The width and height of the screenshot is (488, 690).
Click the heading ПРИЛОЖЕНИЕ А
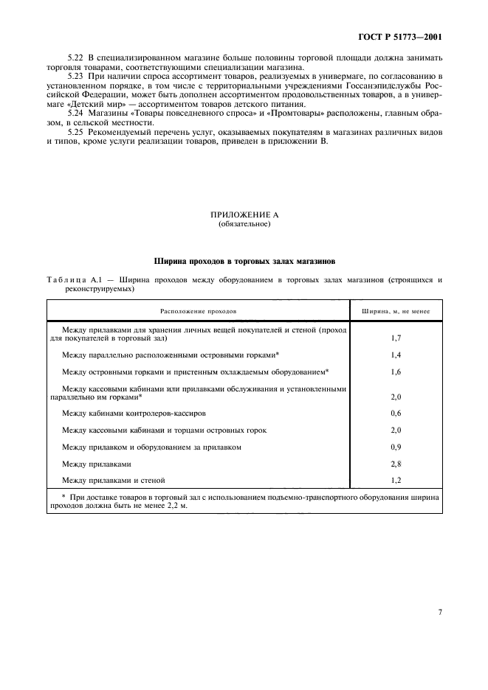pos(244,215)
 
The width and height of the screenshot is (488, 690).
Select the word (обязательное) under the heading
pos(244,224)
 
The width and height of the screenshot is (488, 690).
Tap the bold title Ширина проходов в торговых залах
pos(244,261)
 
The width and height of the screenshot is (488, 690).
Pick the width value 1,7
pos(396,339)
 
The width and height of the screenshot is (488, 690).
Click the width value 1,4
pos(396,355)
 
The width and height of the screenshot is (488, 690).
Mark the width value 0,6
pos(396,413)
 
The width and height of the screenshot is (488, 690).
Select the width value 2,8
pos(396,464)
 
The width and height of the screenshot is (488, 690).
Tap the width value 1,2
pos(396,481)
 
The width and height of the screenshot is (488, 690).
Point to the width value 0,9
pos(396,447)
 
